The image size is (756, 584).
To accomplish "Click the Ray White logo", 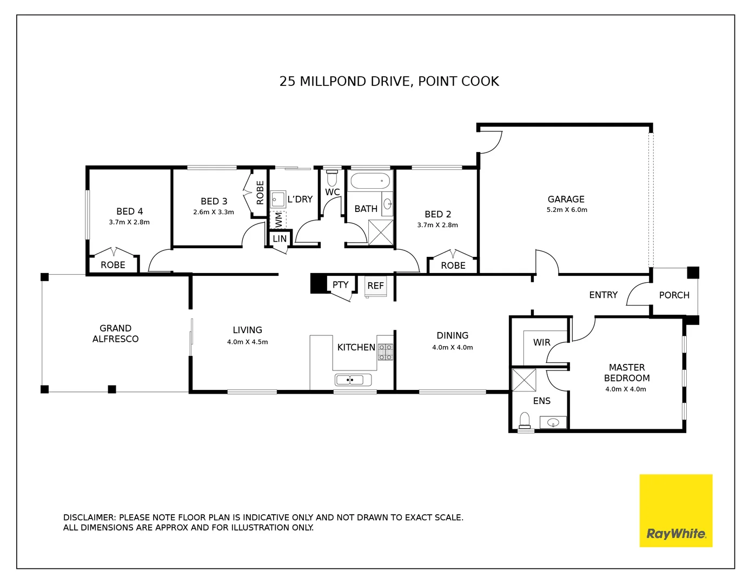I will [x=675, y=510].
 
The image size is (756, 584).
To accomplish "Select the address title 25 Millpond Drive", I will [x=389, y=82].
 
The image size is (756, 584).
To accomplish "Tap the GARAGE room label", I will [x=566, y=199].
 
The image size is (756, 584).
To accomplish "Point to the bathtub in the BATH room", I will [x=370, y=180].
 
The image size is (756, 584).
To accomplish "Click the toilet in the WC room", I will [x=332, y=178].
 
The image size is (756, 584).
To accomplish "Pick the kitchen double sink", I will [x=353, y=380].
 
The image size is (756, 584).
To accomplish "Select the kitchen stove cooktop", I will [x=385, y=352].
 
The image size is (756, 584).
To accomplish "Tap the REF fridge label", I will [x=375, y=286].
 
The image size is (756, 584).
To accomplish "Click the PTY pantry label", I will [x=340, y=284].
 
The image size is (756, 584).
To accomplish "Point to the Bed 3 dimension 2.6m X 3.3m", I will [x=214, y=212].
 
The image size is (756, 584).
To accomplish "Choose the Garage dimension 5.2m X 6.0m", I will [x=567, y=210].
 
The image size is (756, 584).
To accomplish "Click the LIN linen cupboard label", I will [x=280, y=238].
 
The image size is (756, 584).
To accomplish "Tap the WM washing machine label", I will [x=278, y=220].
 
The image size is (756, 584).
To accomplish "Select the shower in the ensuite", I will [x=524, y=380].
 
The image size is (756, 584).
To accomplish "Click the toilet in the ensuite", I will [x=525, y=421].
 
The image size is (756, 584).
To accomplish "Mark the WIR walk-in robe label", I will [x=541, y=342].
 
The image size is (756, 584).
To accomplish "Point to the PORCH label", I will [x=674, y=295].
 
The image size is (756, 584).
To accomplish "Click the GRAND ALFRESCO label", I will [x=115, y=334].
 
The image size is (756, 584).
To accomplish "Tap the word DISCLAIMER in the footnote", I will [x=89, y=517].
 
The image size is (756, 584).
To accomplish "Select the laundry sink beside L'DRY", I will [x=277, y=200].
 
